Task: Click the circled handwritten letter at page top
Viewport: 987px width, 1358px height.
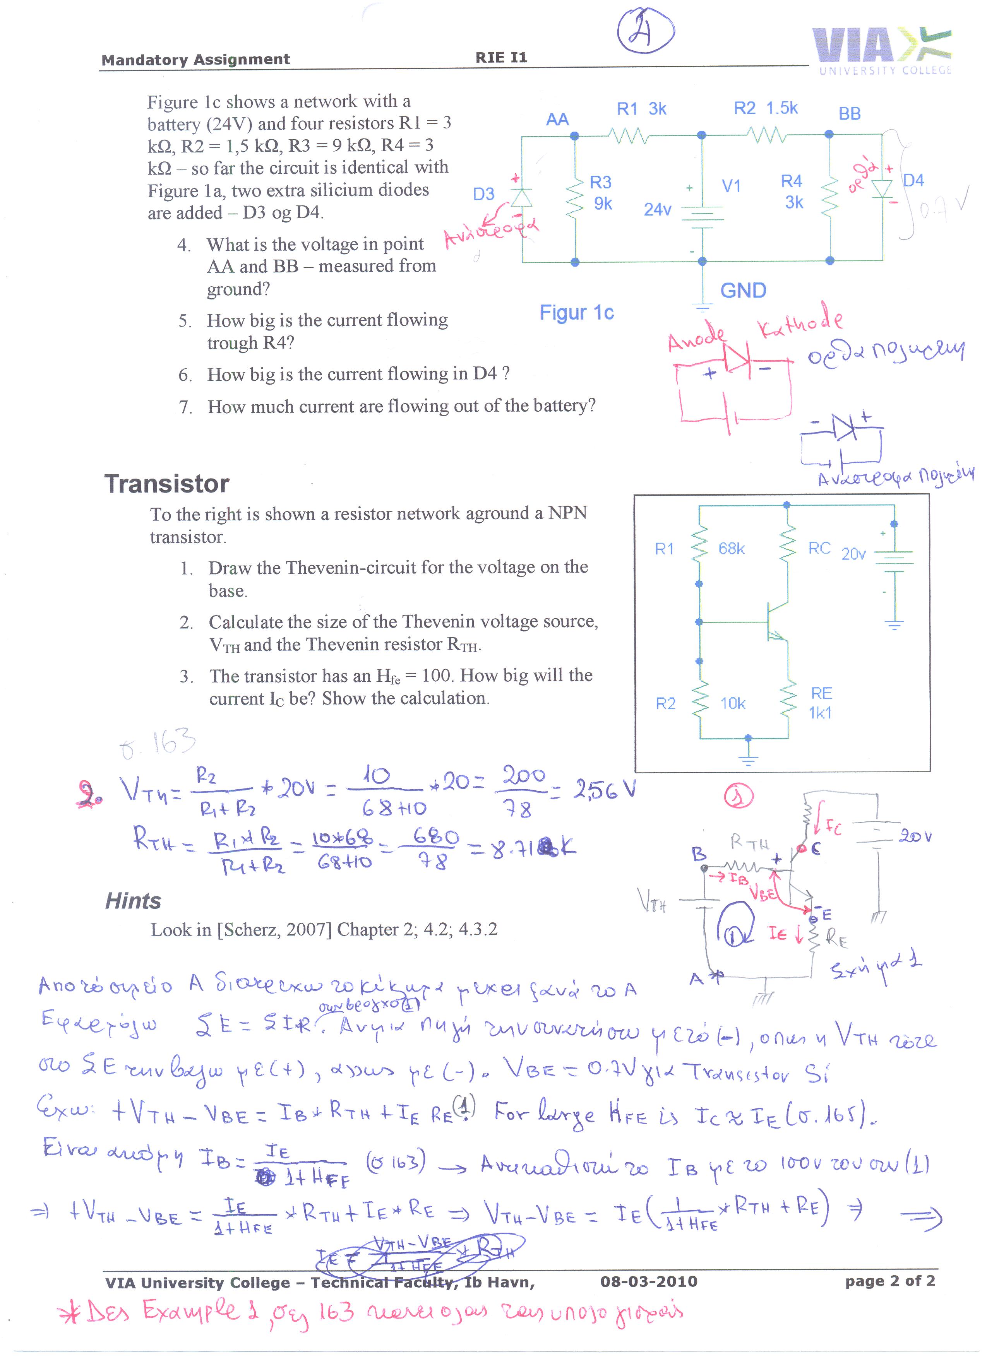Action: [646, 31]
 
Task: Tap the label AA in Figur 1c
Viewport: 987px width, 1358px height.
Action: [557, 119]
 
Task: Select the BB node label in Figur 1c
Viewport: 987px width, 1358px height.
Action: [849, 113]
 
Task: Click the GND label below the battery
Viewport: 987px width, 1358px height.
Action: [743, 291]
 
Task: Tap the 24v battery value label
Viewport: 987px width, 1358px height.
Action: [657, 210]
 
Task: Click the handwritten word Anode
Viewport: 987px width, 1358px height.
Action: [696, 337]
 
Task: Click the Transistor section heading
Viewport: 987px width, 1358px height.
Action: [166, 483]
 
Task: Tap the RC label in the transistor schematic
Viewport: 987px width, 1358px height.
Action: [819, 548]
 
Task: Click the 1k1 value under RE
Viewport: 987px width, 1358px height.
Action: [819, 713]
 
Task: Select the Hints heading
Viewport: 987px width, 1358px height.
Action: [133, 901]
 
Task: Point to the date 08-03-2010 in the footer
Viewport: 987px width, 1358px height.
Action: [649, 1281]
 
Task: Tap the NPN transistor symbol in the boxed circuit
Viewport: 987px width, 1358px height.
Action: [776, 623]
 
